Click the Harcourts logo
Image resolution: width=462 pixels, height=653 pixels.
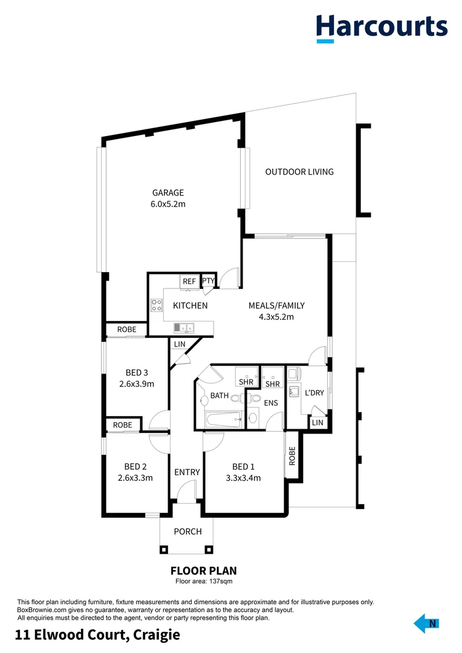click(382, 27)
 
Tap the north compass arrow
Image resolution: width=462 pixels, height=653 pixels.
click(427, 624)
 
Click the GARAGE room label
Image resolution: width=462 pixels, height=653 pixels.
click(168, 193)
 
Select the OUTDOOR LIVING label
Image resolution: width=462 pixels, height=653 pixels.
click(299, 172)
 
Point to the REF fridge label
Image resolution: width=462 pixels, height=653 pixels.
click(189, 281)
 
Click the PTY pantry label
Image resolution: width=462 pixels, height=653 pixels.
click(208, 281)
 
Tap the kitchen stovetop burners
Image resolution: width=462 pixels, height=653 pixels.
click(157, 305)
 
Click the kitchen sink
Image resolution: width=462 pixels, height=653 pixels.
click(184, 328)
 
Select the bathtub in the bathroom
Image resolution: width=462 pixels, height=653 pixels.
click(223, 420)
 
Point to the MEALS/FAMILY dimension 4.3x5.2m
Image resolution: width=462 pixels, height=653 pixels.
click(276, 317)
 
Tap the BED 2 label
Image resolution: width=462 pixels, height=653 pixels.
click(135, 467)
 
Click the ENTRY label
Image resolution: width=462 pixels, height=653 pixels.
click(187, 472)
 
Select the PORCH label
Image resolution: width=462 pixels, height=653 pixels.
click(187, 532)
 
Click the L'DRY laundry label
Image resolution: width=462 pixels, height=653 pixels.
click(314, 393)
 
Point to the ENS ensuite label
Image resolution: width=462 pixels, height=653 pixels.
click(270, 402)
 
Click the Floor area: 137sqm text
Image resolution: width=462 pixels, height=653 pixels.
click(204, 581)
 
